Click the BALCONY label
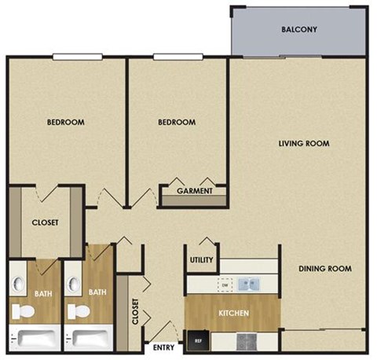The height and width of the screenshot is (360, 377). coord(298,31)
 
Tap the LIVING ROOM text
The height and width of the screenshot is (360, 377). coord(303,143)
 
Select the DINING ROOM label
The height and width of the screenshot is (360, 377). coord(324,269)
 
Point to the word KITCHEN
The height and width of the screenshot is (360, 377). coord(233,314)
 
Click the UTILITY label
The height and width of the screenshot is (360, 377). coord(199,260)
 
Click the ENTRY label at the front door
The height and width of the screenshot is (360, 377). coord(163,347)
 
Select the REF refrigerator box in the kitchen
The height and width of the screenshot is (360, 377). coord(196,340)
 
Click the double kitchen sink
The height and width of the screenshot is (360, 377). coord(251,284)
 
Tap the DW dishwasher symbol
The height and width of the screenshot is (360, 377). coord(223,284)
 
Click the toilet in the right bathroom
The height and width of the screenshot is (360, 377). coord(77,311)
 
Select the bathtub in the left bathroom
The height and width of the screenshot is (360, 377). coord(38,340)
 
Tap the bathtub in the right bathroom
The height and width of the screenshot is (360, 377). coord(93,340)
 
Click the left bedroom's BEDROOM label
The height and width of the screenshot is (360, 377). coord(65,122)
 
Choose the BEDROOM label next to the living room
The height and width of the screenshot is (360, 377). coord(176,122)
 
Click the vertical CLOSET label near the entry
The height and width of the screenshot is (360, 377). coord(135,311)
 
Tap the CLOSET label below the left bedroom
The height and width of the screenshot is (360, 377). coord(45,222)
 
